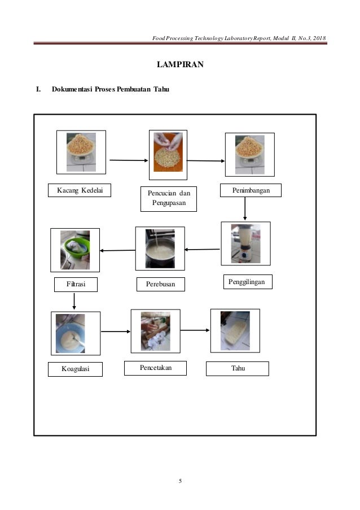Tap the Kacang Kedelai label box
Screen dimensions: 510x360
click(79, 191)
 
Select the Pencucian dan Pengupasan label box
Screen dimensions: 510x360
click(168, 199)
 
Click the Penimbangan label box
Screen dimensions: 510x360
click(251, 191)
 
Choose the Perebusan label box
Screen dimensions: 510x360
click(161, 285)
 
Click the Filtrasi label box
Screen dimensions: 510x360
click(76, 285)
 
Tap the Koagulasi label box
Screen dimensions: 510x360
click(75, 369)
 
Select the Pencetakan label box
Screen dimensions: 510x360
click(156, 368)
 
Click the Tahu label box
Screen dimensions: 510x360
click(237, 369)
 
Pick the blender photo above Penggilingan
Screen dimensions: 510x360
click(245, 243)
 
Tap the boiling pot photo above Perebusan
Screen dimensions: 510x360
click(160, 249)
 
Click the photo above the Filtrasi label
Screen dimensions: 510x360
click(75, 250)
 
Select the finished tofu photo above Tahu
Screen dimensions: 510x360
click(235, 330)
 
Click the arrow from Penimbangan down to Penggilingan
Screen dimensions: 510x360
click(245, 208)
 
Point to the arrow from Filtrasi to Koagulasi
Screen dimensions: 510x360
click(74, 301)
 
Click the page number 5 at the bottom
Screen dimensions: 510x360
click(180, 481)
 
